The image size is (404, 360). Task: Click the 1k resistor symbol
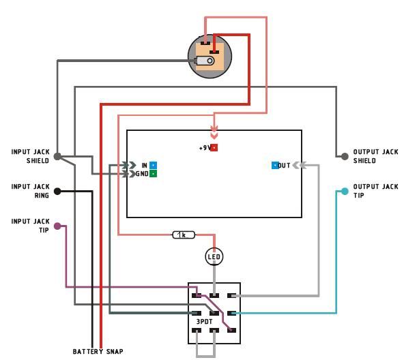coord(184,235)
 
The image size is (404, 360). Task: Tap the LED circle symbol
coord(214,256)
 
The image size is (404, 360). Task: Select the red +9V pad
coord(214,147)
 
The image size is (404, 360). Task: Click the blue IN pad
coord(153,165)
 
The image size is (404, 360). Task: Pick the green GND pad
coord(153,174)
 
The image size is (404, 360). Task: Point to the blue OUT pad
coord(275,165)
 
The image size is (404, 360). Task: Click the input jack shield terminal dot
coord(57,156)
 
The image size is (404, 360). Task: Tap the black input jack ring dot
coord(57,192)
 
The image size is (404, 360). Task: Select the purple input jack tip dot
coord(57,226)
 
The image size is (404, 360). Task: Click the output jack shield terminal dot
coord(345,156)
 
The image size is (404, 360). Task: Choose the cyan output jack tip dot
coord(345,192)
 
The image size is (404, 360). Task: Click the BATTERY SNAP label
coord(98,352)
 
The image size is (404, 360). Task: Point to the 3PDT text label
coord(205,322)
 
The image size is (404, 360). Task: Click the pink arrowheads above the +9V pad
coord(214,132)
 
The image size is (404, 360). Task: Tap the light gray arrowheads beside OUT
coord(300,165)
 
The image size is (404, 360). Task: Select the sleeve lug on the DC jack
coord(205,61)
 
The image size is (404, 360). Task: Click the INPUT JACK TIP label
coord(31,226)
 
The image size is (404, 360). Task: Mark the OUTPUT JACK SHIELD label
coord(375,156)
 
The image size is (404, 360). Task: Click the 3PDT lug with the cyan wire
coord(231,313)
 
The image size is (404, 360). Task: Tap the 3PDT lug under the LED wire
coord(214,296)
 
